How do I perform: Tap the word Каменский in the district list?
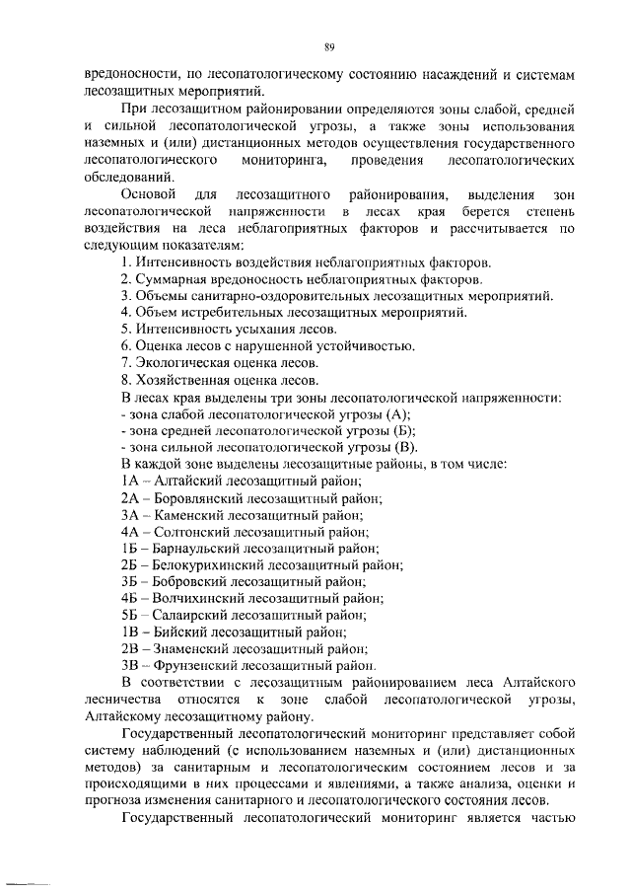tap(180, 514)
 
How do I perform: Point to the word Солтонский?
tap(184, 531)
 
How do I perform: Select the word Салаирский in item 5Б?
tap(185, 615)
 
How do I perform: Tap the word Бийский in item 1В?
tap(175, 632)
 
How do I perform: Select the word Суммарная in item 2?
tap(169, 278)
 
